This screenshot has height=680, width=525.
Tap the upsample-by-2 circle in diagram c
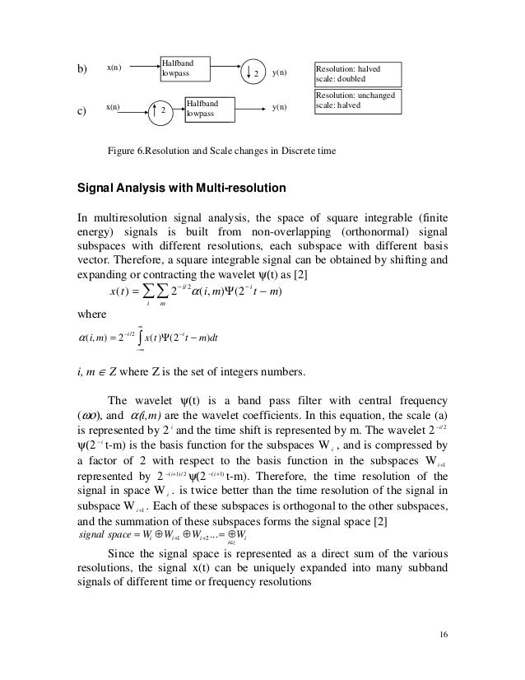pyautogui.click(x=162, y=109)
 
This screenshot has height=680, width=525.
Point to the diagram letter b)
pyautogui.click(x=81, y=69)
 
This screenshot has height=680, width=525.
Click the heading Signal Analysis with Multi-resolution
pyautogui.click(x=182, y=188)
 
